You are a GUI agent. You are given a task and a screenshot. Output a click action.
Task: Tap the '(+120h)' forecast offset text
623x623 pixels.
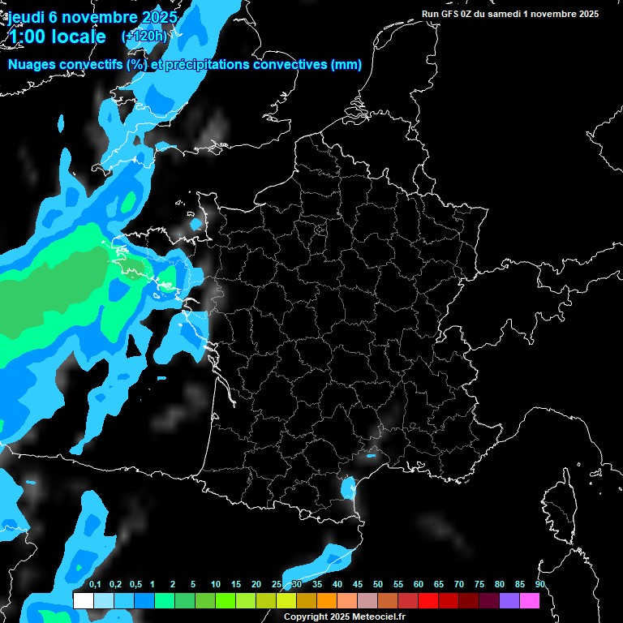144,37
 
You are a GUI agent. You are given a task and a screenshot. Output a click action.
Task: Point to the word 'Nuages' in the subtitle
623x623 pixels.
31,65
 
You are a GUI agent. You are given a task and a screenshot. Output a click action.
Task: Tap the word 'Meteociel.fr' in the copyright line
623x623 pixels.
376,617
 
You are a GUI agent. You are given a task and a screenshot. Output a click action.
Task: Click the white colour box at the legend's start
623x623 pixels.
83,600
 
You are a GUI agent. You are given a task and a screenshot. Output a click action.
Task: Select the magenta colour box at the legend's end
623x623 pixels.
529,600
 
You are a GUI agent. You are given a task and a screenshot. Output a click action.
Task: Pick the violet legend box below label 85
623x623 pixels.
509,600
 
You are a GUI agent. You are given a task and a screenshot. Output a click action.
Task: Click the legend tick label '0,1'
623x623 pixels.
94,585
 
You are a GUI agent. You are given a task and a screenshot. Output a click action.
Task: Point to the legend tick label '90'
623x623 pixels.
539,585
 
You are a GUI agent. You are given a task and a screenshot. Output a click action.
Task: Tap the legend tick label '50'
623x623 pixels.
378,585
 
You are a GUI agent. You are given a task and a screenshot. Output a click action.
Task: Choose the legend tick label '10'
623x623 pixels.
216,585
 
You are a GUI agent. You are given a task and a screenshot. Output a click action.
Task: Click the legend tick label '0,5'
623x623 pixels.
135,585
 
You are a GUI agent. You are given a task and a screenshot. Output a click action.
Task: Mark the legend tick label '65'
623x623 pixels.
439,585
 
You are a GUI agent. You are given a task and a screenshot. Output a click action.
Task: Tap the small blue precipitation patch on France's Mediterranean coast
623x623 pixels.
349,488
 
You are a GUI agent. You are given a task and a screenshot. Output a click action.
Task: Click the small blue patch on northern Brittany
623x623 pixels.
196,223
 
